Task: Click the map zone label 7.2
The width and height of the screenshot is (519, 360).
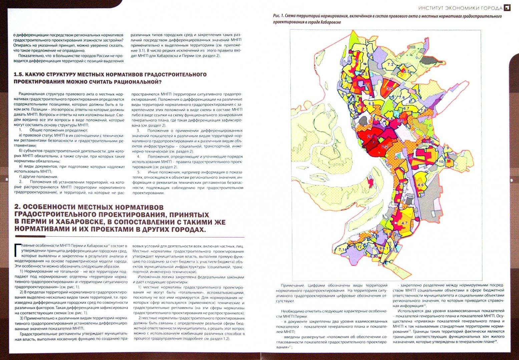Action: (x=390, y=64)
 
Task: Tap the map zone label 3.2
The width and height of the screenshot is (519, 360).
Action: (x=390, y=89)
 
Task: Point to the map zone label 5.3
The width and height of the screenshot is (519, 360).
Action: (x=406, y=71)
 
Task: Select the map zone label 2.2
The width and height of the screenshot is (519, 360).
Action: (x=385, y=147)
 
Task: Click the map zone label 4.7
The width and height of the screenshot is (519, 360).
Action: (x=404, y=223)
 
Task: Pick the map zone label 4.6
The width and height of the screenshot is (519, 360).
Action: (x=421, y=185)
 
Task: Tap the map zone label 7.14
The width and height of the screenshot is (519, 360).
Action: (x=343, y=249)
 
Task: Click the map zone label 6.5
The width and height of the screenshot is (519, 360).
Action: (x=371, y=104)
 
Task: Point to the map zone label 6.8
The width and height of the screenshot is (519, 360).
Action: (x=417, y=91)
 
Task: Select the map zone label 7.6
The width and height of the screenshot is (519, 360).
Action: (x=402, y=98)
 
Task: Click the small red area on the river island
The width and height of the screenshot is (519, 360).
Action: (x=370, y=182)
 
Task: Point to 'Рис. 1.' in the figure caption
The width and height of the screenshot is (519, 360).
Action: (x=279, y=16)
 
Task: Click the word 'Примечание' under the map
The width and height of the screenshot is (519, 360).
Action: (x=293, y=286)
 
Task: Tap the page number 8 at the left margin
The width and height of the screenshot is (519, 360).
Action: (x=7, y=180)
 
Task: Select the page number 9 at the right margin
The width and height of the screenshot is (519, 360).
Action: (x=511, y=180)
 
